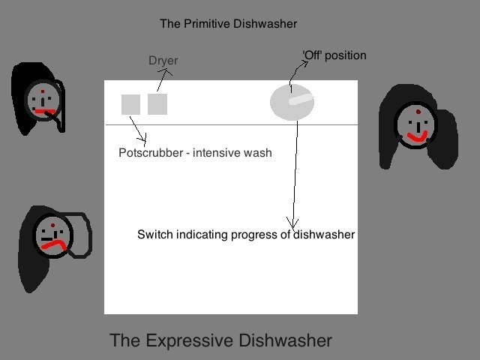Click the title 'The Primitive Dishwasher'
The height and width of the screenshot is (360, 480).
tap(228, 23)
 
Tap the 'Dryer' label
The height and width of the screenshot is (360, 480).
tap(163, 60)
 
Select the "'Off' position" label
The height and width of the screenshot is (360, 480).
tap(334, 55)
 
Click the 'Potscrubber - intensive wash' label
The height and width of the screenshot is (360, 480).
tap(195, 153)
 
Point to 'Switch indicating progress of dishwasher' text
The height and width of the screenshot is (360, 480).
tap(246, 235)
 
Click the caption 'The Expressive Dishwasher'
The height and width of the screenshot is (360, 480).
tap(220, 340)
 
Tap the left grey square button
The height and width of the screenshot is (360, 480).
tap(130, 104)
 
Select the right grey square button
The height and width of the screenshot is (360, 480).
tap(157, 104)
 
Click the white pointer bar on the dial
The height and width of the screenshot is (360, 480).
tap(299, 99)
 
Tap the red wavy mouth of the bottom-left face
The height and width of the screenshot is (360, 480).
tap(54, 244)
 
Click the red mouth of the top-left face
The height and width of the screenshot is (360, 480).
tap(44, 112)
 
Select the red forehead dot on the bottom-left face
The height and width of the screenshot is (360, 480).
tap(53, 224)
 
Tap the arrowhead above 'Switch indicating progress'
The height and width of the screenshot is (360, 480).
tap(292, 223)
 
